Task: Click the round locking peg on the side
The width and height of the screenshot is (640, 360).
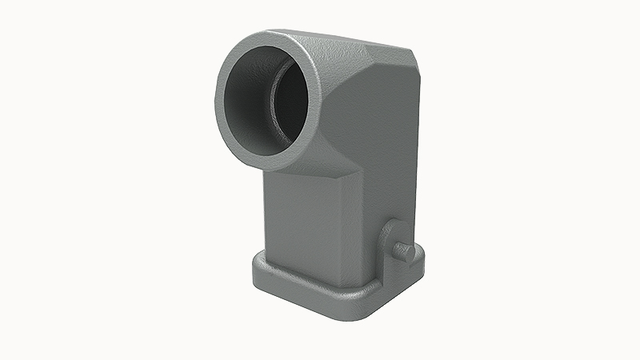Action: [x=406, y=252]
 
